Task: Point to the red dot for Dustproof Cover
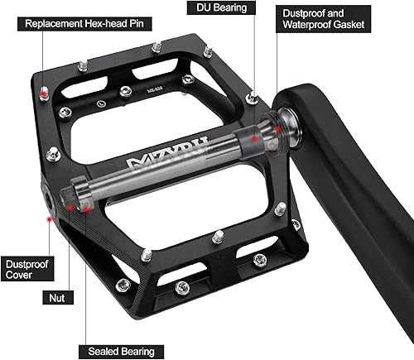pyautogui.click(x=50, y=220)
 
